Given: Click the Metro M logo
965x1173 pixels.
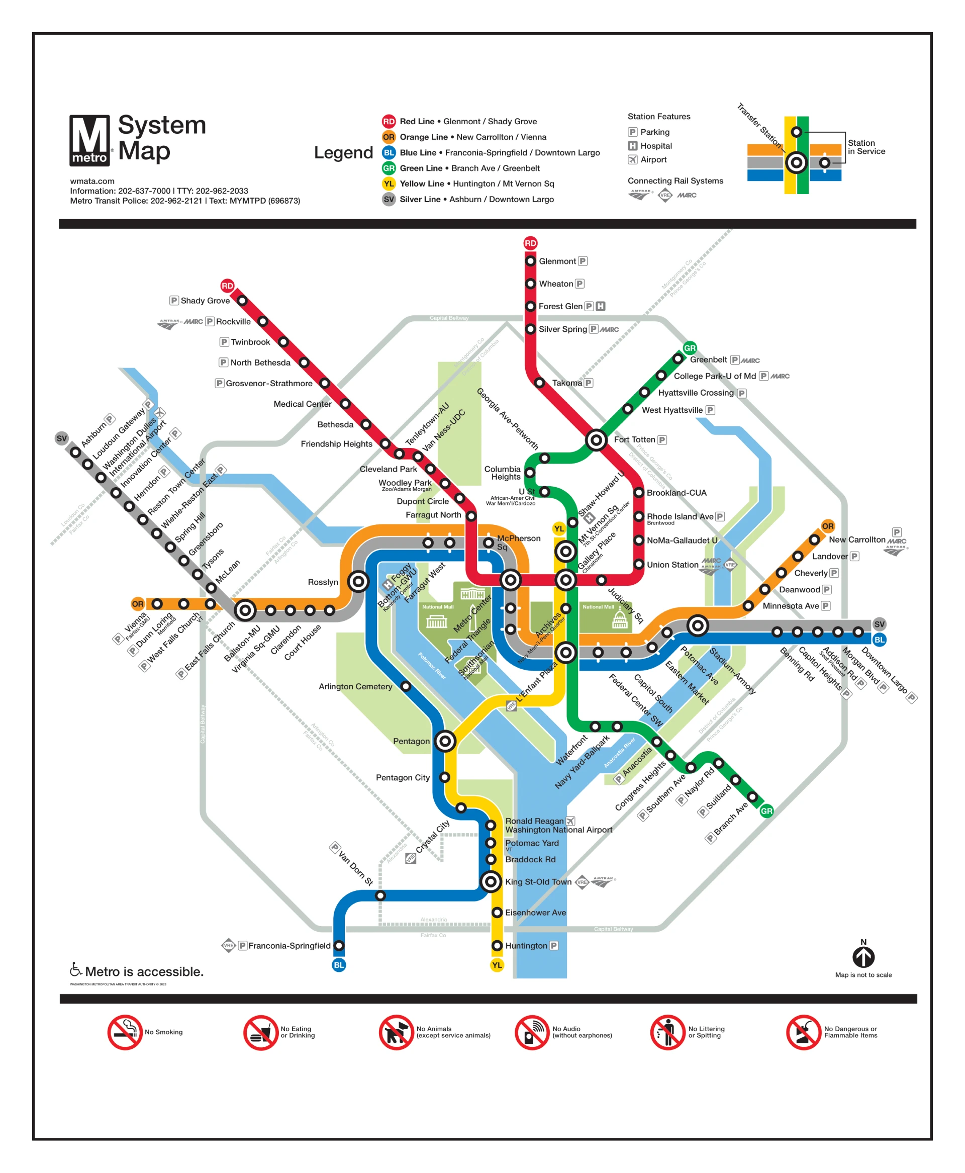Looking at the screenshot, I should click(89, 140).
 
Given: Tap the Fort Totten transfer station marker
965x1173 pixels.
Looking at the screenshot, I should click(596, 440).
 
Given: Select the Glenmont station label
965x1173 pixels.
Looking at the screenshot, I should click(557, 261).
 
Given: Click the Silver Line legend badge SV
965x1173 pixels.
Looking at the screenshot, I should click(389, 199).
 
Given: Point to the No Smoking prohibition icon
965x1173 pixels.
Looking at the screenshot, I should click(125, 1032).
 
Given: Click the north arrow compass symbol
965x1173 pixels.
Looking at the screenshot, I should click(863, 957).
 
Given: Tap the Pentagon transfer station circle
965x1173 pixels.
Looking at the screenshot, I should click(445, 741).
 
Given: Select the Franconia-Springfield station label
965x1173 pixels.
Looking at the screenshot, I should click(289, 946).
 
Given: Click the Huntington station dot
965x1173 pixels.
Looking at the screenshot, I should click(498, 946).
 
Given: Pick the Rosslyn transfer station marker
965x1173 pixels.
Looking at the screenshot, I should click(358, 582).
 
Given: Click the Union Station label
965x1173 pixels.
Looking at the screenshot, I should click(672, 565).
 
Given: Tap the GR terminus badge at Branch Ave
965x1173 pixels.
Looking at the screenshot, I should click(766, 811).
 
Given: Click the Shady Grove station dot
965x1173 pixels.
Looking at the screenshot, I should click(242, 301).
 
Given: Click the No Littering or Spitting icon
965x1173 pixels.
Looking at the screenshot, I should click(667, 1032).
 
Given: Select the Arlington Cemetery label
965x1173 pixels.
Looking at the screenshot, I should click(355, 687).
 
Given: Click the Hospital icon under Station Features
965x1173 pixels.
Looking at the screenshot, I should click(633, 146).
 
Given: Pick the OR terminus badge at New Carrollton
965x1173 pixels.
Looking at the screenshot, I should click(828, 526).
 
